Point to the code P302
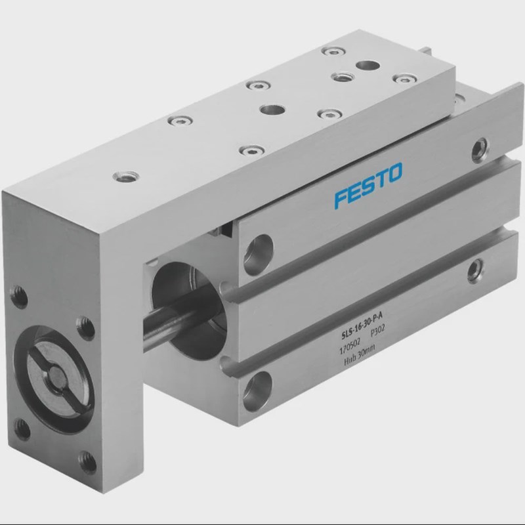380,332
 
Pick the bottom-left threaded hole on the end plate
23,430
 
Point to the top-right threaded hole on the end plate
83,323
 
